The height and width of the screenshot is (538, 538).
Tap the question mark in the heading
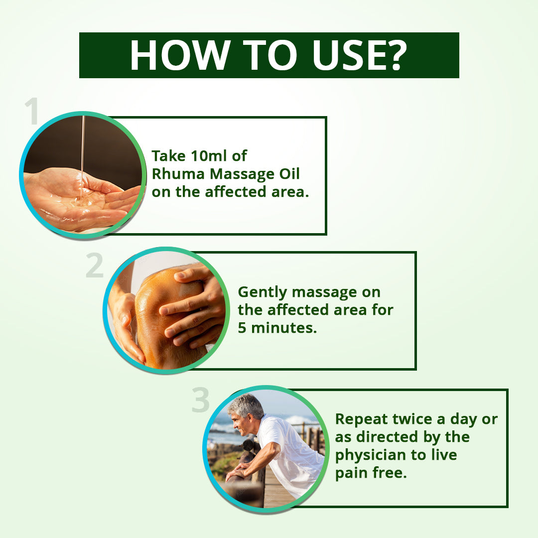[394, 55]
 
